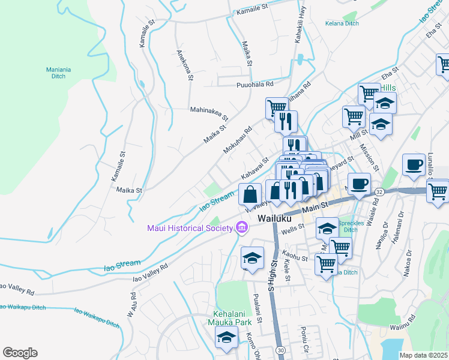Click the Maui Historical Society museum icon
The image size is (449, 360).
[x=241, y=228]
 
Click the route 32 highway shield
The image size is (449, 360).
[x=379, y=191]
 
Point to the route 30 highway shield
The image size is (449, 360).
[x=280, y=349]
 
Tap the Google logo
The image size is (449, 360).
[x=20, y=353]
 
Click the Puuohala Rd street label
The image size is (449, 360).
[x=255, y=85]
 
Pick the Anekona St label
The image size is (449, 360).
[x=183, y=64]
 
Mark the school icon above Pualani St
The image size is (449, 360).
[x=252, y=257]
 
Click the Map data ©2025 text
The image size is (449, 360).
[x=423, y=355]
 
